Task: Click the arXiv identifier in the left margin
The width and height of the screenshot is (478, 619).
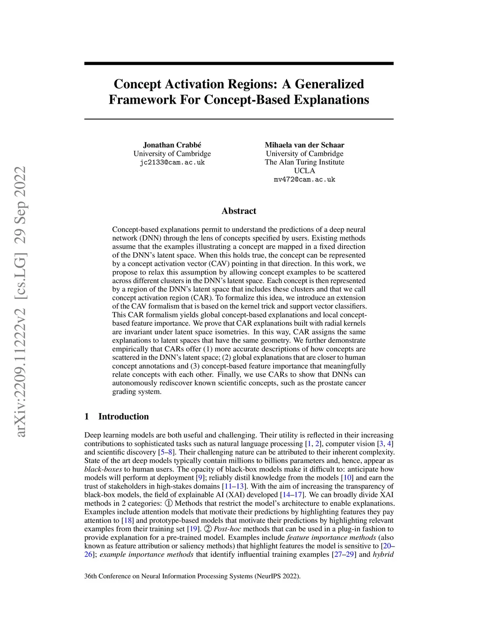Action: pos(21,302)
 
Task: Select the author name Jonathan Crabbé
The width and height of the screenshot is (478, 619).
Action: pos(172,145)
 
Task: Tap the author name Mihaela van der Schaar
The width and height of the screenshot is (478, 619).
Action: pos(304,145)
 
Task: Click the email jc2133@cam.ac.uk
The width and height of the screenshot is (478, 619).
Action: pos(172,162)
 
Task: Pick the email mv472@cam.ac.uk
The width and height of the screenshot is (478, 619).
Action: pos(304,179)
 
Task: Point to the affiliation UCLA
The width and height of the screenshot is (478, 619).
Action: pos(304,171)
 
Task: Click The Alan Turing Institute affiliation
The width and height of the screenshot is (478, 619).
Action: pos(304,162)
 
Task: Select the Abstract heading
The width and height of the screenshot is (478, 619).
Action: pos(239,211)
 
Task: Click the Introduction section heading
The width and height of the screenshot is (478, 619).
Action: pos(123,416)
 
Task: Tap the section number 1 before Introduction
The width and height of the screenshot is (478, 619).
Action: pos(87,416)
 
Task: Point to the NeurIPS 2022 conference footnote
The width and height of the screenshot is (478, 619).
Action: pos(192,576)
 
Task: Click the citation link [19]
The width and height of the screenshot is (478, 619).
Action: pos(193,529)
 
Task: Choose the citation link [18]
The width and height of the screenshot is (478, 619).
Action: pos(127,520)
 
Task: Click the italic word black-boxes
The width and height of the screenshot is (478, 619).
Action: pos(103,469)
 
